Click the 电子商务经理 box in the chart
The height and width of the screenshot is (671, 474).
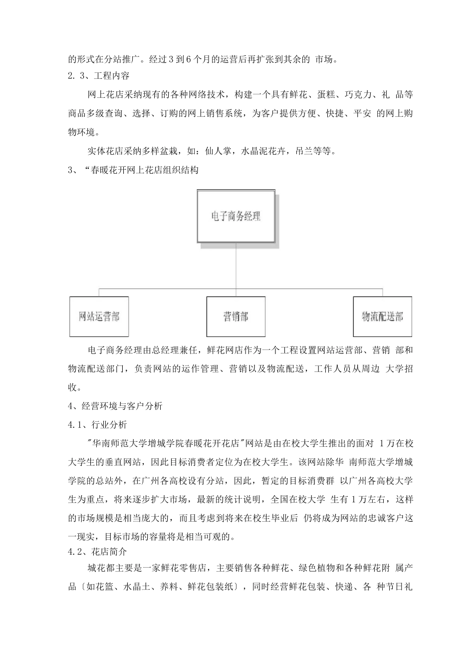[x=236, y=217]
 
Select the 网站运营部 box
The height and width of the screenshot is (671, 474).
[x=99, y=317]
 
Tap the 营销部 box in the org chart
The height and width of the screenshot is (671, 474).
[x=236, y=317]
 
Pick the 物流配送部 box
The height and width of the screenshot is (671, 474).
[x=382, y=317]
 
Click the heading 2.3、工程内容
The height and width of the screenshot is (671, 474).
[x=99, y=76]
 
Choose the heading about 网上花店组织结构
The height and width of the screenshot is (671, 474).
[x=133, y=170]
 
